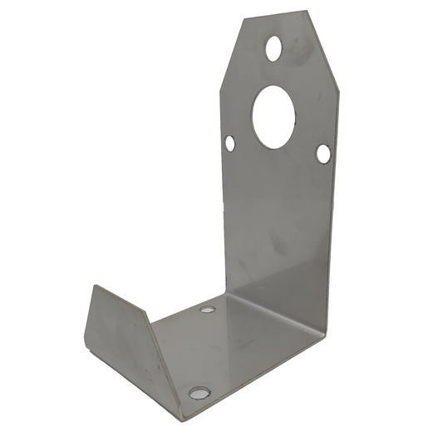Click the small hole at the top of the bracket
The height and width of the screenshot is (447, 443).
coord(273,47)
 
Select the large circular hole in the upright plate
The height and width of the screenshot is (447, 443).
coord(273,117)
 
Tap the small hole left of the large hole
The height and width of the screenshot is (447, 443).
coord(230,143)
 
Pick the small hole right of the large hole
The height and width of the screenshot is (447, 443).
coord(323,153)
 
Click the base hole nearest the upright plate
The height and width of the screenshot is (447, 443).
coord(208,310)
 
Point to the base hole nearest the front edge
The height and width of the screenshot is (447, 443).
coord(199,392)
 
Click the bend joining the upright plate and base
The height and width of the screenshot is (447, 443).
coord(274,308)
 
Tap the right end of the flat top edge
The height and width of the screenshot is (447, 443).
coord(307,12)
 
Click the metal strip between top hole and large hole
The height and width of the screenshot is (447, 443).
coord(273,73)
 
